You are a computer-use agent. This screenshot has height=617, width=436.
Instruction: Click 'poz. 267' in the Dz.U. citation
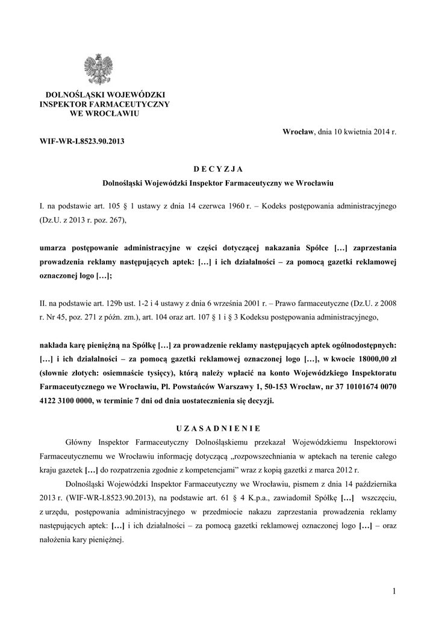[x=110, y=221]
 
